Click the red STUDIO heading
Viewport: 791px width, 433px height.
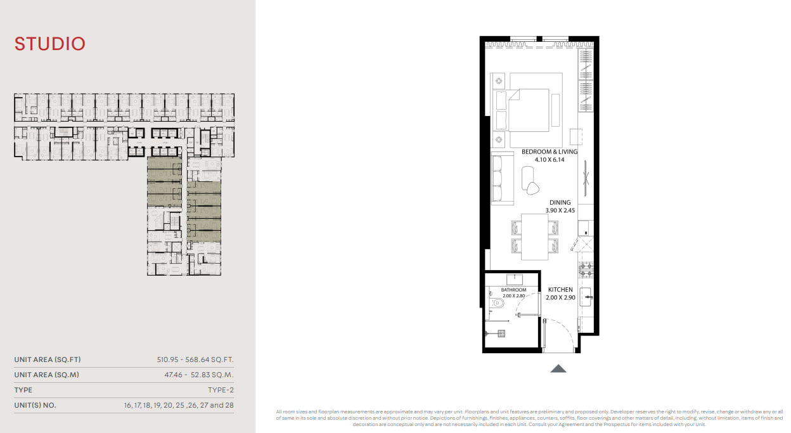(x=50, y=44)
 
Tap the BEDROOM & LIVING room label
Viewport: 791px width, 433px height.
(x=550, y=152)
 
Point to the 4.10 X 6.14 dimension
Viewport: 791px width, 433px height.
(x=550, y=160)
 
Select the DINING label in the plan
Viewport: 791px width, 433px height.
(x=560, y=203)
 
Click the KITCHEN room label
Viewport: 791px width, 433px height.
(x=560, y=290)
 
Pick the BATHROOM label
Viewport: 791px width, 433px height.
(x=513, y=290)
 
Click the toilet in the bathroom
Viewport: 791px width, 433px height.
(x=497, y=302)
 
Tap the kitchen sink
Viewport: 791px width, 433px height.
(x=586, y=297)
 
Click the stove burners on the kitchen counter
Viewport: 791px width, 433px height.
(x=586, y=270)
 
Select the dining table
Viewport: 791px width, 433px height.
(x=535, y=237)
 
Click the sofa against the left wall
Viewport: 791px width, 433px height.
(x=502, y=178)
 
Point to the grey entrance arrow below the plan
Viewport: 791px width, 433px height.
(x=558, y=369)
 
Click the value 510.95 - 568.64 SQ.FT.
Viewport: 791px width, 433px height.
(x=195, y=359)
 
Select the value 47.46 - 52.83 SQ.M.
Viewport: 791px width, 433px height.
(x=199, y=375)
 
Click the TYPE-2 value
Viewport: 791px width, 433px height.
(x=221, y=390)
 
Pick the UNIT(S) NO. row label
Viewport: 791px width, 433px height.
(x=35, y=405)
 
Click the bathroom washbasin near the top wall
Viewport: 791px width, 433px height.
(x=515, y=280)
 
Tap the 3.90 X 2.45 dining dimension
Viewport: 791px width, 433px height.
(x=560, y=210)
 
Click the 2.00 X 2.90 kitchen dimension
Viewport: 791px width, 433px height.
(x=560, y=298)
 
